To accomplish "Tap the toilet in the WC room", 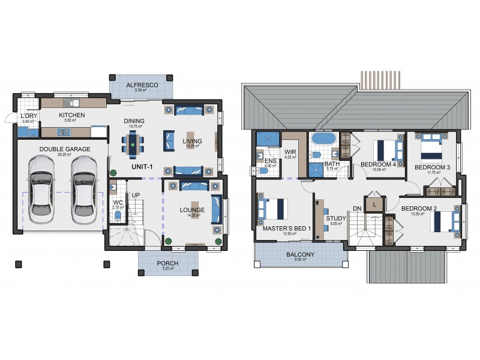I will pos(118,215).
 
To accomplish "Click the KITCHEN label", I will pos(71,115).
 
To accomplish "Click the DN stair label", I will pos(357,208).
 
